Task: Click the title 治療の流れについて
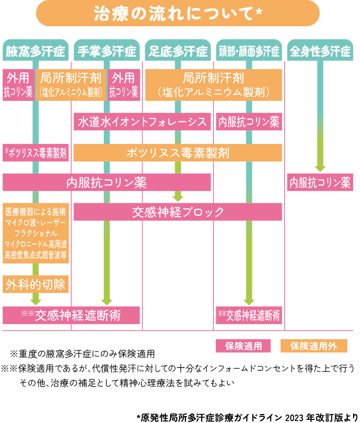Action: tap(178, 13)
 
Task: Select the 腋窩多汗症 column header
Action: tap(36, 50)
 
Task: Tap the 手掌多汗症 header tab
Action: tap(107, 50)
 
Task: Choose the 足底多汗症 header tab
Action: tap(178, 50)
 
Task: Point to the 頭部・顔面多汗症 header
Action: tap(249, 50)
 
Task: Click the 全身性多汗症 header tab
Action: tap(320, 50)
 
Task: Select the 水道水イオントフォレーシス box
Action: tap(142, 122)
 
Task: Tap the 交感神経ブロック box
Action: tap(178, 212)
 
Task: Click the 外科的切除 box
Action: tap(36, 284)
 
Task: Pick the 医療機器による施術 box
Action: tap(36, 233)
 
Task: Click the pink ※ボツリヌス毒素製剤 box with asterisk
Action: tap(36, 153)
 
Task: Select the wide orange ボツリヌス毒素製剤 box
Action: tap(178, 153)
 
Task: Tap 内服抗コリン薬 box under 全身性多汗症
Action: tap(320, 182)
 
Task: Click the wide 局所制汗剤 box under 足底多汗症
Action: tap(213, 85)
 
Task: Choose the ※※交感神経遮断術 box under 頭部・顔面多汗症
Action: tap(249, 315)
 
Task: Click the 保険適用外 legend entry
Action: tap(314, 346)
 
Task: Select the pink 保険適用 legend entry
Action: tap(243, 346)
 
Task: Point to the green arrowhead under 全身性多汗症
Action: tap(320, 169)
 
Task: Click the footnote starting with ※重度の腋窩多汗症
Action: tap(82, 354)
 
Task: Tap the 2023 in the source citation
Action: tap(295, 418)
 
